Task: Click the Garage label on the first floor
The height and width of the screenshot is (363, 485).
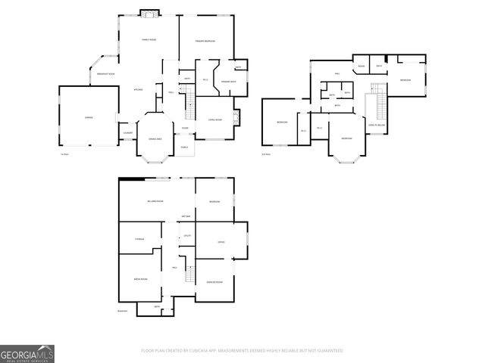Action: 88,117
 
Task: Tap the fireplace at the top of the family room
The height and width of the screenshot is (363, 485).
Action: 150,14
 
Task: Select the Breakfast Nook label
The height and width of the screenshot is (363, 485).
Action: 106,74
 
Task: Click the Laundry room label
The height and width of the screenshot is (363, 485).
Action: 127,134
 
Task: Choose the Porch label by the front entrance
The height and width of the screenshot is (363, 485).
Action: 184,147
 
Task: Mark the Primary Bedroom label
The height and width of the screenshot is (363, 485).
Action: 205,40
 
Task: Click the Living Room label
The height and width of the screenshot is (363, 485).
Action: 214,119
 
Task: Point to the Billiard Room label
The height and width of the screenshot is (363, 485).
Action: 155,201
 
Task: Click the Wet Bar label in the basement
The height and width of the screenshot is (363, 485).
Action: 186,218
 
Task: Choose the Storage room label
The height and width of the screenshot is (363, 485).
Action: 139,239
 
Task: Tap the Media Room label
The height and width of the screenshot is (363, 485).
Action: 140,279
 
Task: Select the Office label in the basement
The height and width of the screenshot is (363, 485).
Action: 221,242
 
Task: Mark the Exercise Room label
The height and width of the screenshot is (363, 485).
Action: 214,281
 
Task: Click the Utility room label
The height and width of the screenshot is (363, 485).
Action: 187,236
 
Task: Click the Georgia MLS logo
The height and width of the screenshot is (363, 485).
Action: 27,354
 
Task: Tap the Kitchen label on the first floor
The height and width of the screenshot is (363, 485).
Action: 139,90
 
